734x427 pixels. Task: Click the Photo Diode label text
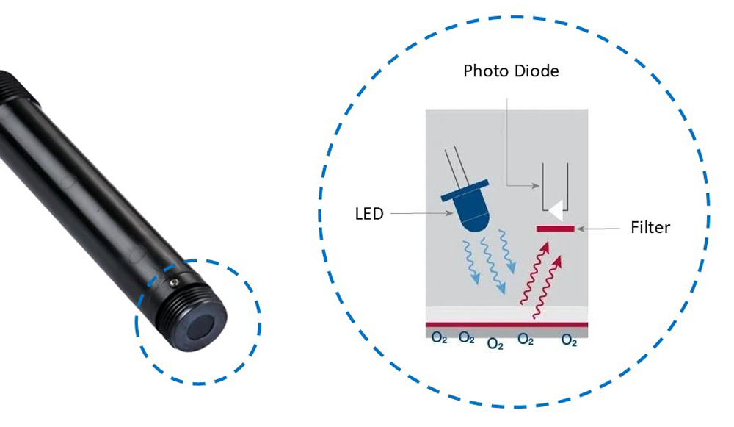pyautogui.click(x=511, y=71)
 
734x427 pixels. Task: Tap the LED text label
pyautogui.click(x=368, y=214)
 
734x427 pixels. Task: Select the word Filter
pyautogui.click(x=650, y=227)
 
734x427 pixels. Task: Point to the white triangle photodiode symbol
pyautogui.click(x=556, y=211)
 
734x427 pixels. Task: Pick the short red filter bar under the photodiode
pyautogui.click(x=555, y=229)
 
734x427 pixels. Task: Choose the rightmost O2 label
pyautogui.click(x=569, y=340)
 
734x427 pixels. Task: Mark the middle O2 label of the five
pyautogui.click(x=495, y=343)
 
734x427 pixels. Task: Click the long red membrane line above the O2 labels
pyautogui.click(x=506, y=324)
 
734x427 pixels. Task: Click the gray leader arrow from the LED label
pyautogui.click(x=418, y=214)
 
